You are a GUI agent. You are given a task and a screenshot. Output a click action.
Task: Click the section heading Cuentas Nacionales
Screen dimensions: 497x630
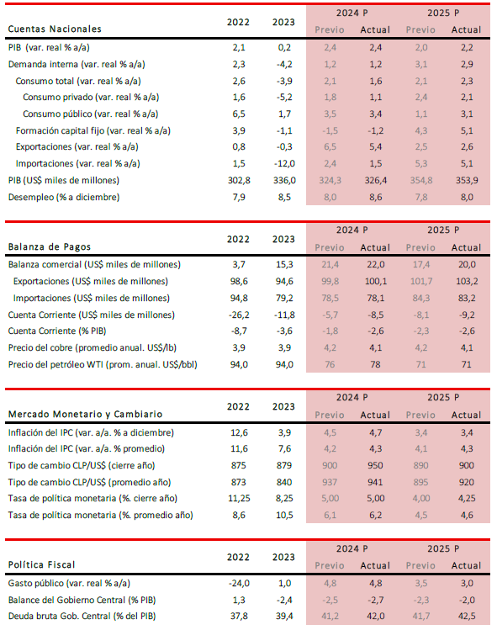55,29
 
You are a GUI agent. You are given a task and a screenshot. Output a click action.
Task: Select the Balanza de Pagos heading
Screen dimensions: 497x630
50,246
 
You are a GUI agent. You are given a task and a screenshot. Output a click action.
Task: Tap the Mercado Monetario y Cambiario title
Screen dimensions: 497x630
85,414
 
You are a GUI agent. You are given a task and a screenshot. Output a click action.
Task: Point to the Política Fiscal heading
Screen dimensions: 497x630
42,565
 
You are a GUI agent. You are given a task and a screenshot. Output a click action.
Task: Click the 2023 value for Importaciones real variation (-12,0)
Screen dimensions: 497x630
284,163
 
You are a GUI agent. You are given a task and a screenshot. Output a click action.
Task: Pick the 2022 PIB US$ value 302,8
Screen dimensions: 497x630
239,180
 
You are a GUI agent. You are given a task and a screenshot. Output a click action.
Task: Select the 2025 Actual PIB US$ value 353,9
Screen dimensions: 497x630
467,180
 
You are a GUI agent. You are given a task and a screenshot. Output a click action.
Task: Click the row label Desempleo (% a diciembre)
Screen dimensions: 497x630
64,198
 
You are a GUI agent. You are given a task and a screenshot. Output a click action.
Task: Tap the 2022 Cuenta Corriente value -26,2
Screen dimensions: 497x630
239,315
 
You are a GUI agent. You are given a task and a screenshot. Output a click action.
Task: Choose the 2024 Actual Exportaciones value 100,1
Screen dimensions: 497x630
376,281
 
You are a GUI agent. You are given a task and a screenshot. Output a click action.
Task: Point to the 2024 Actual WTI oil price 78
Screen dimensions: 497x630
375,364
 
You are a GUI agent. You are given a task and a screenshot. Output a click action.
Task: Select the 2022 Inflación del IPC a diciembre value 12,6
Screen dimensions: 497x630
239,432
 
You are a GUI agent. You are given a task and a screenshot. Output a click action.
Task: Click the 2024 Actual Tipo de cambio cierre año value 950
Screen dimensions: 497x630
375,465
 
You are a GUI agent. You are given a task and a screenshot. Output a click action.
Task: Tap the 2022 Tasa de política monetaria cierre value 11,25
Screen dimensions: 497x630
239,499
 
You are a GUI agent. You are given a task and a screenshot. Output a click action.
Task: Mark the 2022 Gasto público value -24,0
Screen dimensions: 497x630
239,584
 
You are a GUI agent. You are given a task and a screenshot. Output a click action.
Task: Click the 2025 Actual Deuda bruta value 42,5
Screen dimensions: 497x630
467,617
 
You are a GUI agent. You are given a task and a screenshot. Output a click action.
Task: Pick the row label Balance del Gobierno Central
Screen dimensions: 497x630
82,600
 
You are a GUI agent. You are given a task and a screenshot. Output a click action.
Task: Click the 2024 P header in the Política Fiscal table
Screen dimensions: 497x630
352,549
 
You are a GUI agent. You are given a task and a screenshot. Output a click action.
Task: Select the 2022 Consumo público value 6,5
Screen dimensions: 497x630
239,114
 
